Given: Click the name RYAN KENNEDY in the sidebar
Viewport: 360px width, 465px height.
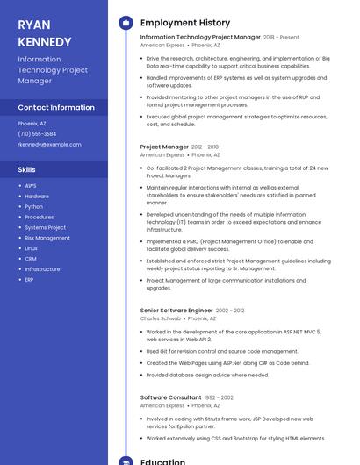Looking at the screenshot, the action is tap(45, 33).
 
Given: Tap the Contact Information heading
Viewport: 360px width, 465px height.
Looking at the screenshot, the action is tap(56, 107).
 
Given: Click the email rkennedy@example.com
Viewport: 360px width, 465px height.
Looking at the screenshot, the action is tap(49, 144).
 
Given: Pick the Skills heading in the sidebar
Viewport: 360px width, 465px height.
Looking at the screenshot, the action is tap(27, 169).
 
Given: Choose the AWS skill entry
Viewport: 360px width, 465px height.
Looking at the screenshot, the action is tap(31, 186).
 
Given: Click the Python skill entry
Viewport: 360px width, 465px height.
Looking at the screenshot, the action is tap(33, 206).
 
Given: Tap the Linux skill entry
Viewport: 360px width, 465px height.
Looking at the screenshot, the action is tap(32, 248).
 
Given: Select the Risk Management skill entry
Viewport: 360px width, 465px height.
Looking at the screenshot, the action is tap(47, 238).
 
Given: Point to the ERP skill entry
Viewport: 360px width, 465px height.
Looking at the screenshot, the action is tap(29, 280).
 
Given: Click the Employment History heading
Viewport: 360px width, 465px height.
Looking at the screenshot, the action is tap(185, 23).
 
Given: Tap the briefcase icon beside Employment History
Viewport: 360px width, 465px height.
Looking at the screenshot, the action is tap(125, 23).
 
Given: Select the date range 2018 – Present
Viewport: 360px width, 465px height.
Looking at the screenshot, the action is tap(281, 38).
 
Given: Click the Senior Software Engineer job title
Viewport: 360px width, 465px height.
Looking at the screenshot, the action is tap(176, 311).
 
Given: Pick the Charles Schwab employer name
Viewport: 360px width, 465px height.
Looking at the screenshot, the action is tap(161, 318).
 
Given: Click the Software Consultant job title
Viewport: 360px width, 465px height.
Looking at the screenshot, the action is tap(170, 397).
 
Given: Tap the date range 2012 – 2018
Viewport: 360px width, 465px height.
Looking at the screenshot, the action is tap(205, 147).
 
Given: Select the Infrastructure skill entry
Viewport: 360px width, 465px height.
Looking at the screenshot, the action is tap(42, 269).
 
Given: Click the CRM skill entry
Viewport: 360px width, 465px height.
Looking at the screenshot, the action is tap(31, 259).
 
